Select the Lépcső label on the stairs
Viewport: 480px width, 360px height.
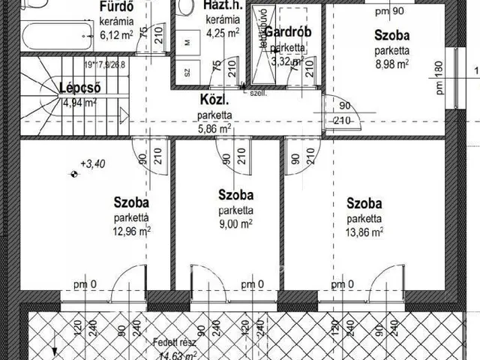click(79, 88)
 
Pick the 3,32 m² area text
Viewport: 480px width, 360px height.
click(288, 61)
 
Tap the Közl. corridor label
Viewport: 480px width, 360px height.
click(214, 100)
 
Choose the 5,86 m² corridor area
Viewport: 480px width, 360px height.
click(214, 128)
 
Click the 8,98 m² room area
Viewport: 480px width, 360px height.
click(392, 64)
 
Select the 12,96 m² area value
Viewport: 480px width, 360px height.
click(132, 231)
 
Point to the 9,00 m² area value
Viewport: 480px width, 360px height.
click(235, 223)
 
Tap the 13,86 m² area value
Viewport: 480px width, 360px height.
click(364, 232)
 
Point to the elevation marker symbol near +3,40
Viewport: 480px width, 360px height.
click(73, 174)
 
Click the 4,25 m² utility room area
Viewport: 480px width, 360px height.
click(223, 32)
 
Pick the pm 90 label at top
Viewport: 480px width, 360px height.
click(389, 10)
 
